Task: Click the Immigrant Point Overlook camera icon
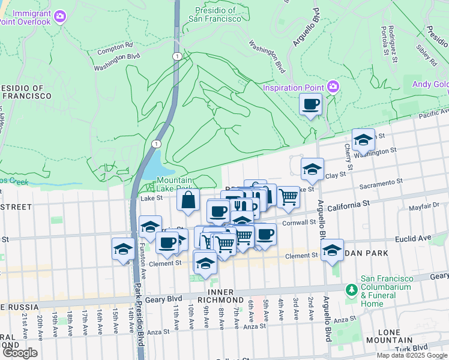[x=60, y=16]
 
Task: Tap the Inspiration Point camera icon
[x=333, y=88]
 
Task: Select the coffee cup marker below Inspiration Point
[x=310, y=105]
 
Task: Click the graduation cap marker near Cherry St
[x=363, y=140]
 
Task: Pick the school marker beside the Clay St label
[x=312, y=170]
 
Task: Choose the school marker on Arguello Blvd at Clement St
[x=332, y=251]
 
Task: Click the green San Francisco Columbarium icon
[x=352, y=290]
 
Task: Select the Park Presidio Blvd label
[x=139, y=321]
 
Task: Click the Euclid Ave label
[x=414, y=238]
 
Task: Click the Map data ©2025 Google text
[x=411, y=355]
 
